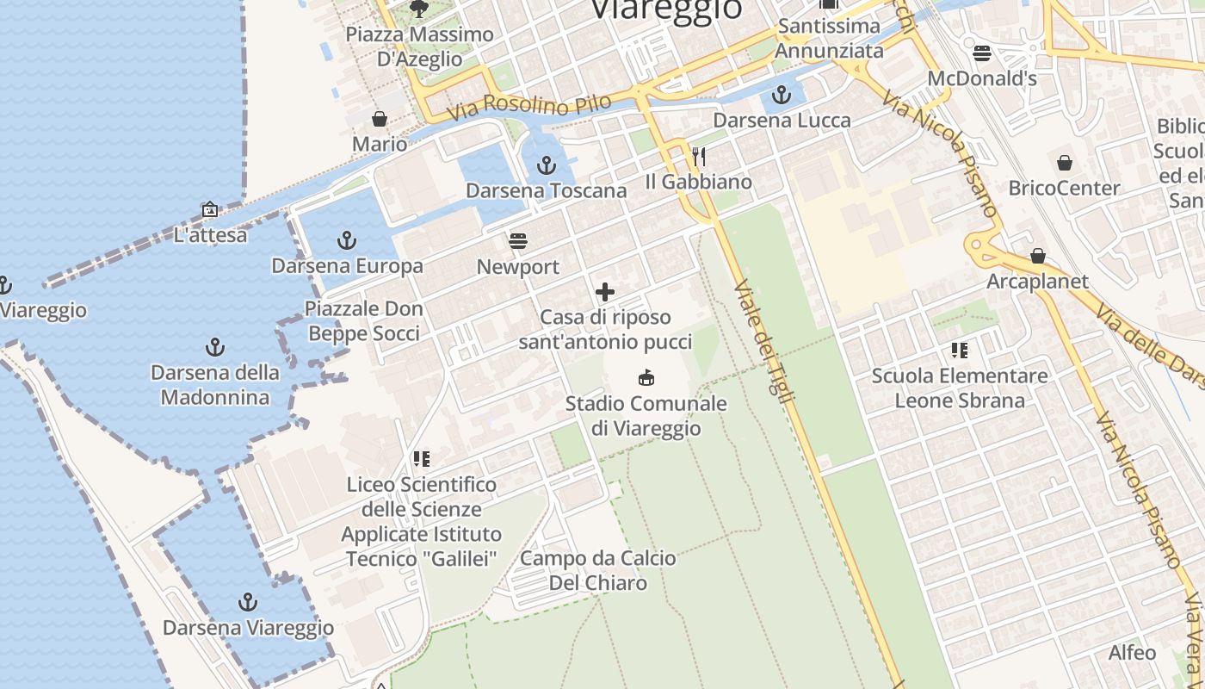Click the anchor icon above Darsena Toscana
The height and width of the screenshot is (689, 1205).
pos(547,164)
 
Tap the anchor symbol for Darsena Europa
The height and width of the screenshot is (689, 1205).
pos(347,239)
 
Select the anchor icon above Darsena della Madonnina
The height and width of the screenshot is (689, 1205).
pos(215,347)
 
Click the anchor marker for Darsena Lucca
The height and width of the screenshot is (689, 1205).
pos(782,95)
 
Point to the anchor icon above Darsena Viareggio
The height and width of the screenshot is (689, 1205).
pos(248,601)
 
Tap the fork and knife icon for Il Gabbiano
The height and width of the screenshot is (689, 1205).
pos(699,156)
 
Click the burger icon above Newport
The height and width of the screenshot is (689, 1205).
pos(517,240)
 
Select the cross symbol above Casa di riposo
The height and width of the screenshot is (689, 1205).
pos(605,291)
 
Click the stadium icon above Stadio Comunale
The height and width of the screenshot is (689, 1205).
pos(646,377)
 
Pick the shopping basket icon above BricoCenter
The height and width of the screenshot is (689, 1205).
pos(1065,162)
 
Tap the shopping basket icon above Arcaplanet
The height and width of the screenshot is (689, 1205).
pos(1038,256)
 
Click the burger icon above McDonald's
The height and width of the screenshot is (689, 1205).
pos(982,53)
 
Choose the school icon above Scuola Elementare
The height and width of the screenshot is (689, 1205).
pos(960,350)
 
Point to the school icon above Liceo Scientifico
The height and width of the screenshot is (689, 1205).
pos(421,458)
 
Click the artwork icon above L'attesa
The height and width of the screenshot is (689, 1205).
pos(209,208)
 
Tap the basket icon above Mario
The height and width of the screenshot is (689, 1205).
pos(380,118)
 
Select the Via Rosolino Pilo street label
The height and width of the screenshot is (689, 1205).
pos(528,106)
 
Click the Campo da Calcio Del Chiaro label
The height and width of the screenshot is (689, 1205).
pos(598,570)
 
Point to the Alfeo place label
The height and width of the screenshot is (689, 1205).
pos(1132,652)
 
